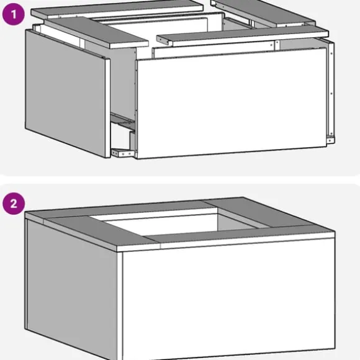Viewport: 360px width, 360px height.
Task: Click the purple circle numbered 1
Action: coord(13,14)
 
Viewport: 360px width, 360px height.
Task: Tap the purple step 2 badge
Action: coord(13,204)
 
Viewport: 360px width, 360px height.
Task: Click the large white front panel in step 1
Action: coord(232,103)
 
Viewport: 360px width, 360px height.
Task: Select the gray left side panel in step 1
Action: coord(65,93)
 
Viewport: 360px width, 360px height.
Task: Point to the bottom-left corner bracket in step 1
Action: coord(122,153)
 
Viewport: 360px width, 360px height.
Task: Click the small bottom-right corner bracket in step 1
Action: coord(330,140)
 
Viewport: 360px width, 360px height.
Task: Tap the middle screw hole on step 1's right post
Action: coord(331,94)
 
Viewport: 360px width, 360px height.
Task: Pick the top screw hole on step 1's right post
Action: coord(331,53)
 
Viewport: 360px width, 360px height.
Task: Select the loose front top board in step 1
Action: coord(243,36)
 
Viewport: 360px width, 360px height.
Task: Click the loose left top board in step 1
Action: coord(96,32)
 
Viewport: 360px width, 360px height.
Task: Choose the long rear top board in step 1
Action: coord(117,9)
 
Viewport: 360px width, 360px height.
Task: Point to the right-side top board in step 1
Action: coord(263,12)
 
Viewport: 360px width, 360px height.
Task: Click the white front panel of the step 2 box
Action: coord(228,299)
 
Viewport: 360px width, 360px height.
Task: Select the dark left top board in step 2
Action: coord(101,230)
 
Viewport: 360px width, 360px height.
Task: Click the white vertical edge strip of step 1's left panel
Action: coord(107,109)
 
